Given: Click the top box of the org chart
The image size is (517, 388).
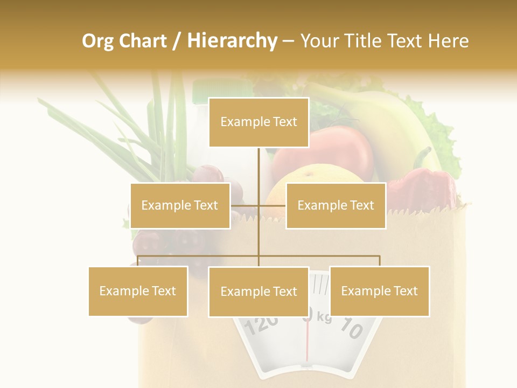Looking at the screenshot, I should (258, 122).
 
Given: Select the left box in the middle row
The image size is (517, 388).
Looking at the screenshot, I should (180, 205).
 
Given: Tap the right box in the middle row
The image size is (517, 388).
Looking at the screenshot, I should (336, 205).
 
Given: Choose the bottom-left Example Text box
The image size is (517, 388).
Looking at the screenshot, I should (138, 291).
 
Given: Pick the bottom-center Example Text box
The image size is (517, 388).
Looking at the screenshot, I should (258, 292).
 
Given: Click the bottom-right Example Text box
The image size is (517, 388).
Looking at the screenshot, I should (379, 291).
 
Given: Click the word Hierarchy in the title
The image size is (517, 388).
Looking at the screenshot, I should (232, 40).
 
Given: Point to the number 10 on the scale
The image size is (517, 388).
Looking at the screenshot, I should (351, 328).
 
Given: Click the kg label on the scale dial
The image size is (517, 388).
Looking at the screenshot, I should (324, 317).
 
